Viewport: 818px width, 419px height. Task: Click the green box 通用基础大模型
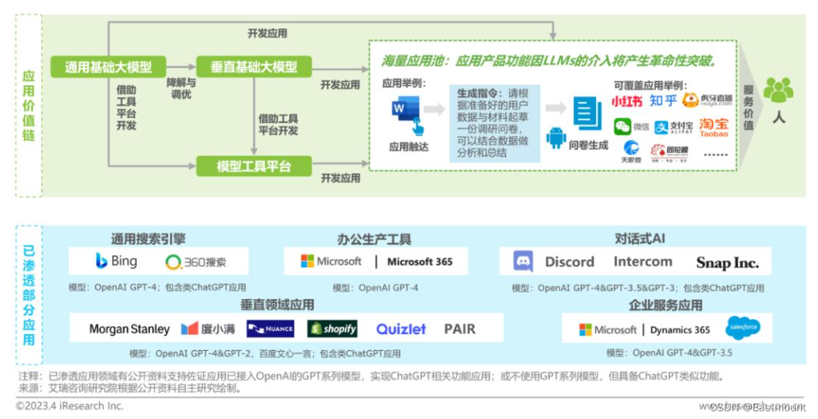tap(107, 66)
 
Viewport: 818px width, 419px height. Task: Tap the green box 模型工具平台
tap(253, 165)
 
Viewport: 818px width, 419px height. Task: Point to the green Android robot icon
tap(556, 138)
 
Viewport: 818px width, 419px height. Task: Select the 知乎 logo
tap(663, 100)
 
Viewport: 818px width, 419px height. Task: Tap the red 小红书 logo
tap(627, 101)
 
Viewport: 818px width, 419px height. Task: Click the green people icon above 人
tap(778, 90)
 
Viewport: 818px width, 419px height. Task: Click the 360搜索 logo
tap(196, 261)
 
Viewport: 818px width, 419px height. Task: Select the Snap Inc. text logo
tap(727, 262)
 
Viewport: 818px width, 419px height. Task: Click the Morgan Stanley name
tap(129, 329)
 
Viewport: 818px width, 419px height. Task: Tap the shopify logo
tap(332, 329)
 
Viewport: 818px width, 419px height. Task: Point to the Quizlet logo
tap(400, 329)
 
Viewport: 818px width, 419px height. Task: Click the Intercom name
tap(642, 261)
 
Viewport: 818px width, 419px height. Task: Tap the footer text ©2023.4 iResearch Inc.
tap(70, 406)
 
